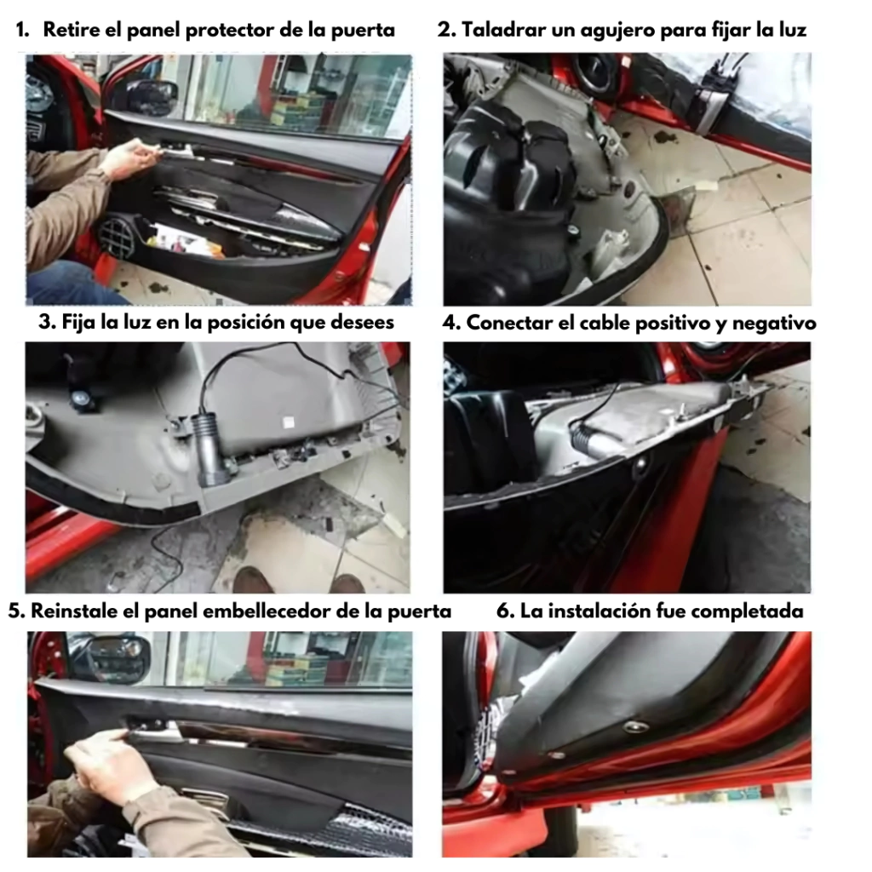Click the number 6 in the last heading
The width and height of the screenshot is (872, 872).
(502, 611)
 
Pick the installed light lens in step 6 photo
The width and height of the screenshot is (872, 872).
(634, 726)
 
